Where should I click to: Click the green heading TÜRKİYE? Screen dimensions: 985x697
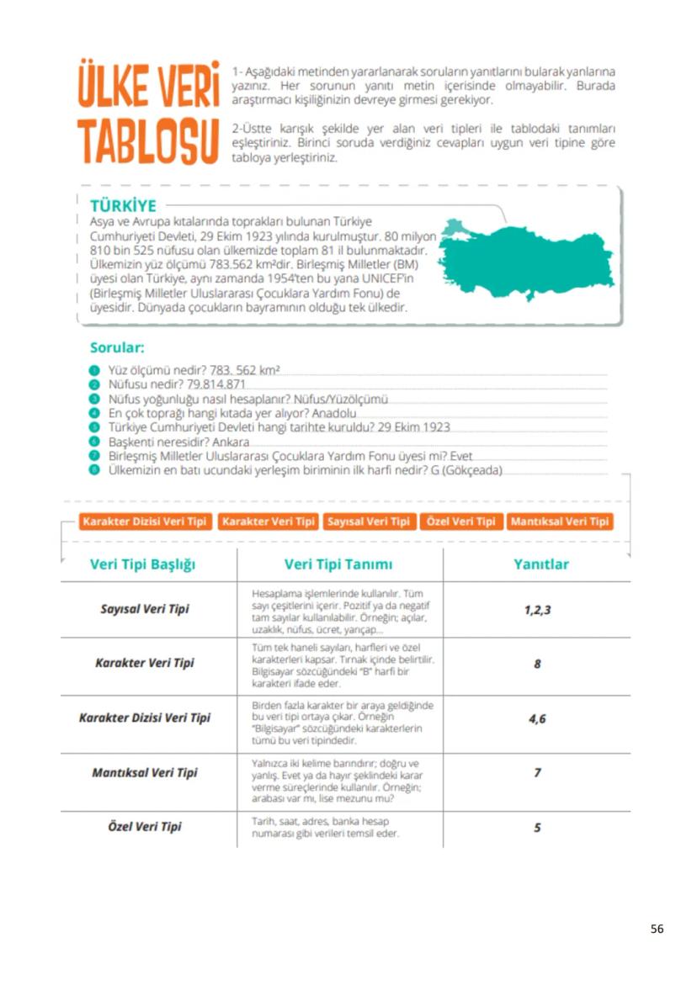coord(123,206)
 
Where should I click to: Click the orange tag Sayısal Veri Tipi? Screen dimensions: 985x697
coord(368,522)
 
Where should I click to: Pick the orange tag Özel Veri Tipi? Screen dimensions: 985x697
coord(460,522)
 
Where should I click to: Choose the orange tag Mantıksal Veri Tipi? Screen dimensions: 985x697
coord(559,522)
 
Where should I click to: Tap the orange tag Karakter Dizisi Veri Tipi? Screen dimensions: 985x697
coord(145,522)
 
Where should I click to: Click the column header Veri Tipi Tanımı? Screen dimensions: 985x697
coord(338,564)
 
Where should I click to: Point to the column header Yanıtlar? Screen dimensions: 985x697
coord(540,564)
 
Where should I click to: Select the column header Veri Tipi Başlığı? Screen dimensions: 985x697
coord(142,564)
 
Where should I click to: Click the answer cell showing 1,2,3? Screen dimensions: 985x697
coord(537,609)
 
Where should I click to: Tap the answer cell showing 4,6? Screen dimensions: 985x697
coord(537,719)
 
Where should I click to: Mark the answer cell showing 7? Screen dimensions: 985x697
coord(537,772)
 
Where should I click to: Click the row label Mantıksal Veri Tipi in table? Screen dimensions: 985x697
coord(145,772)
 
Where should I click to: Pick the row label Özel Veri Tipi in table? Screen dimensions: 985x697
coord(145,827)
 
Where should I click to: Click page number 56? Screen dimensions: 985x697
coord(657,929)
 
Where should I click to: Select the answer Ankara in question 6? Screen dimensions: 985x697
coord(231,442)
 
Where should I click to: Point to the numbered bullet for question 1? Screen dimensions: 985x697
coord(95,370)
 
